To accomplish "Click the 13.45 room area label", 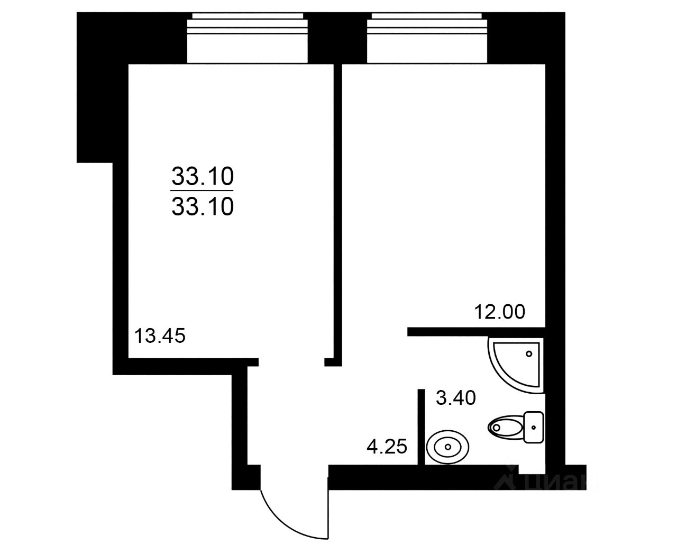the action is (160, 336).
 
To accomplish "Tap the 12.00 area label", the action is (499, 312).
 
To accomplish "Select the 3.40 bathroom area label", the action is (455, 398).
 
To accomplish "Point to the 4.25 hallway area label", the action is (387, 447).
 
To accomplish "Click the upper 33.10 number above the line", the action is (203, 177).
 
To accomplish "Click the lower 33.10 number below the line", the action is (203, 206).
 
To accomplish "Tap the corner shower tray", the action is (516, 365).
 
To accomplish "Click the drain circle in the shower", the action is (529, 354).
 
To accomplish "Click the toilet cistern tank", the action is (534, 428).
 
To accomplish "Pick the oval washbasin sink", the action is (448, 447).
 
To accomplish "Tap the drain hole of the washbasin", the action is (448, 447).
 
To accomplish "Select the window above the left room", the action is (247, 38).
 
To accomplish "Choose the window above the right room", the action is (427, 38).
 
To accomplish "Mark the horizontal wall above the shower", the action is (477, 332).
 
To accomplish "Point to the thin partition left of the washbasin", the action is (421, 427).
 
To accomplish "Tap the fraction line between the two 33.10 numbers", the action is (203, 191).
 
